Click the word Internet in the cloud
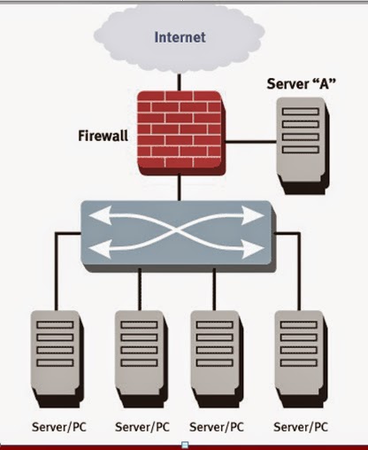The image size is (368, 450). tap(180, 37)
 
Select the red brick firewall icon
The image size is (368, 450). tap(180, 133)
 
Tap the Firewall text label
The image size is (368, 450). tap(102, 137)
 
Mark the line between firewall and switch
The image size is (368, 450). tap(180, 187)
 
